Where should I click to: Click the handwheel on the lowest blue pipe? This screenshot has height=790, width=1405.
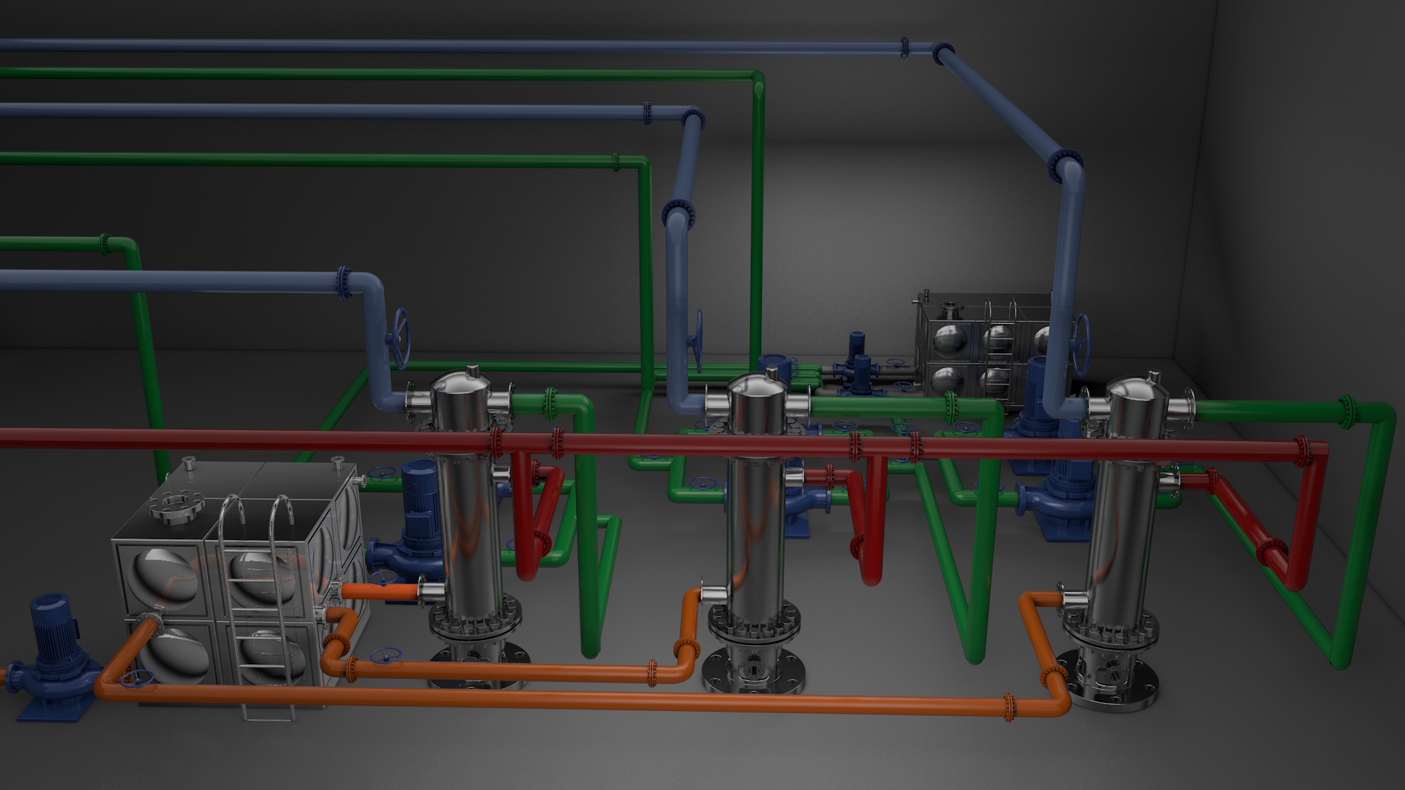point(401,337)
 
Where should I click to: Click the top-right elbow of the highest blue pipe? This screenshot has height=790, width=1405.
point(944,54)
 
